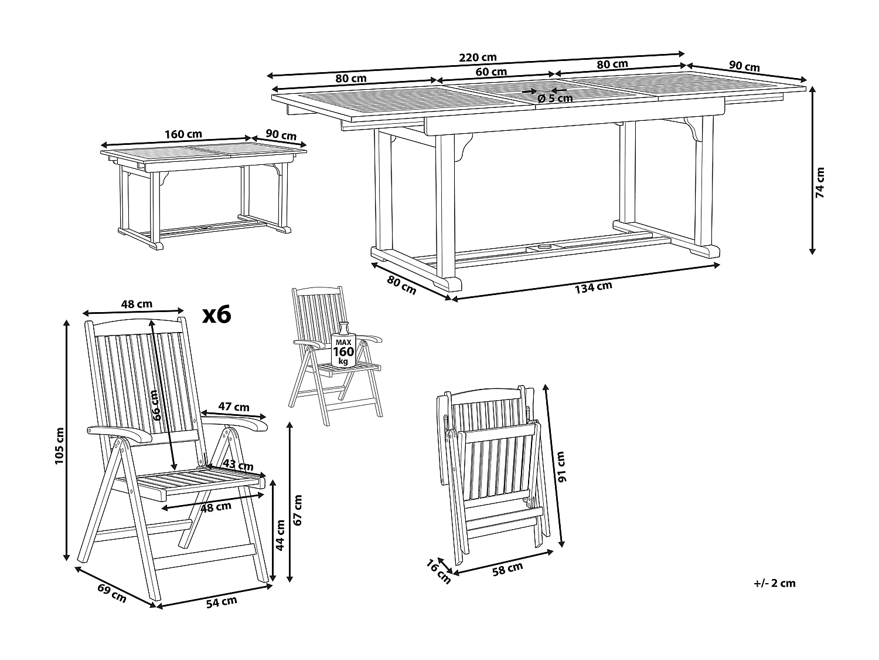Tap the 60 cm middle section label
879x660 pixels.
click(x=490, y=72)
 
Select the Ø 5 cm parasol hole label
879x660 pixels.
click(x=554, y=99)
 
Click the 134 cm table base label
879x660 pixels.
click(x=593, y=288)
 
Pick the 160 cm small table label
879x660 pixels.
click(x=183, y=134)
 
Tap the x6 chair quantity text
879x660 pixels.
click(x=217, y=315)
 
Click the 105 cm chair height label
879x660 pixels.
click(x=59, y=446)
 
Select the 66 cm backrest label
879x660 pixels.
click(x=156, y=405)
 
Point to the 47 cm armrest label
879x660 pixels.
click(x=233, y=407)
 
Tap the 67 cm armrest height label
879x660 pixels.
click(x=298, y=510)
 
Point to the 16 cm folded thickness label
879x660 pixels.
click(x=438, y=572)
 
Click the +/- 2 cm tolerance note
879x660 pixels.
click(x=775, y=583)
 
